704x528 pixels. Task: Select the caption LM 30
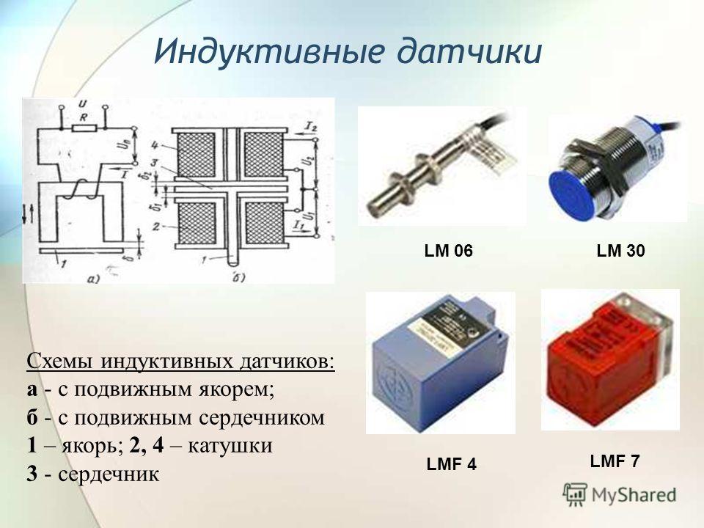tap(620, 252)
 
